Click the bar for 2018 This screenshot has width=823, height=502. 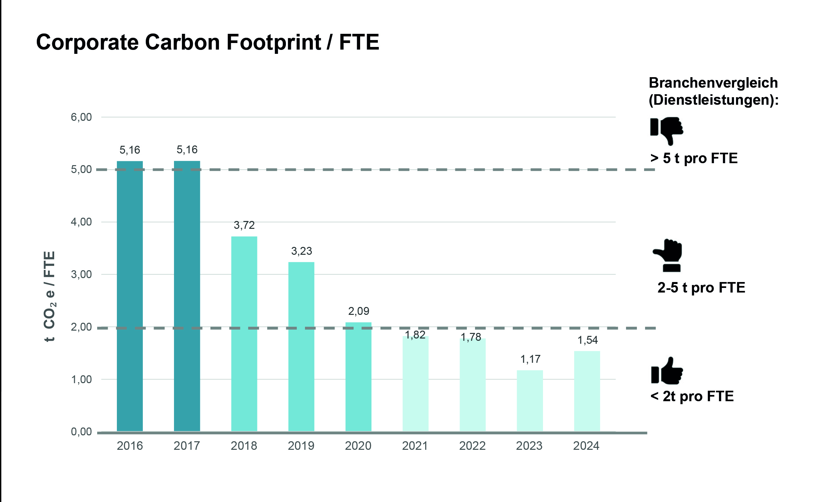[x=244, y=334]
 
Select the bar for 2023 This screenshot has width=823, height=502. [x=530, y=401]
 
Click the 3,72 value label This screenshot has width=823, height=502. [x=244, y=225]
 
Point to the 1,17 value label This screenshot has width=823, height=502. [x=530, y=359]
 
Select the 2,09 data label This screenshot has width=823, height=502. [x=359, y=311]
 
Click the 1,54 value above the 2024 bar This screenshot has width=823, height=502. [x=588, y=340]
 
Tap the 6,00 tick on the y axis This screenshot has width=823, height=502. [x=81, y=117]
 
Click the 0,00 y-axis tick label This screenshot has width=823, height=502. [x=81, y=431]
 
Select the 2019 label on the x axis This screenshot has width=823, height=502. [x=301, y=446]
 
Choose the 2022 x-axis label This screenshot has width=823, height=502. [x=472, y=446]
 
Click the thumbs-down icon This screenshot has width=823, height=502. [x=667, y=130]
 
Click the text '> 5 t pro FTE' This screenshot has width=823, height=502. [x=694, y=158]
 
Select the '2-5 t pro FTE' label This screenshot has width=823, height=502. [x=701, y=288]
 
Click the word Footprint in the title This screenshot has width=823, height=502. [x=273, y=42]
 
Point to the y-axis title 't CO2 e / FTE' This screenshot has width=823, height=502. [x=50, y=296]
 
